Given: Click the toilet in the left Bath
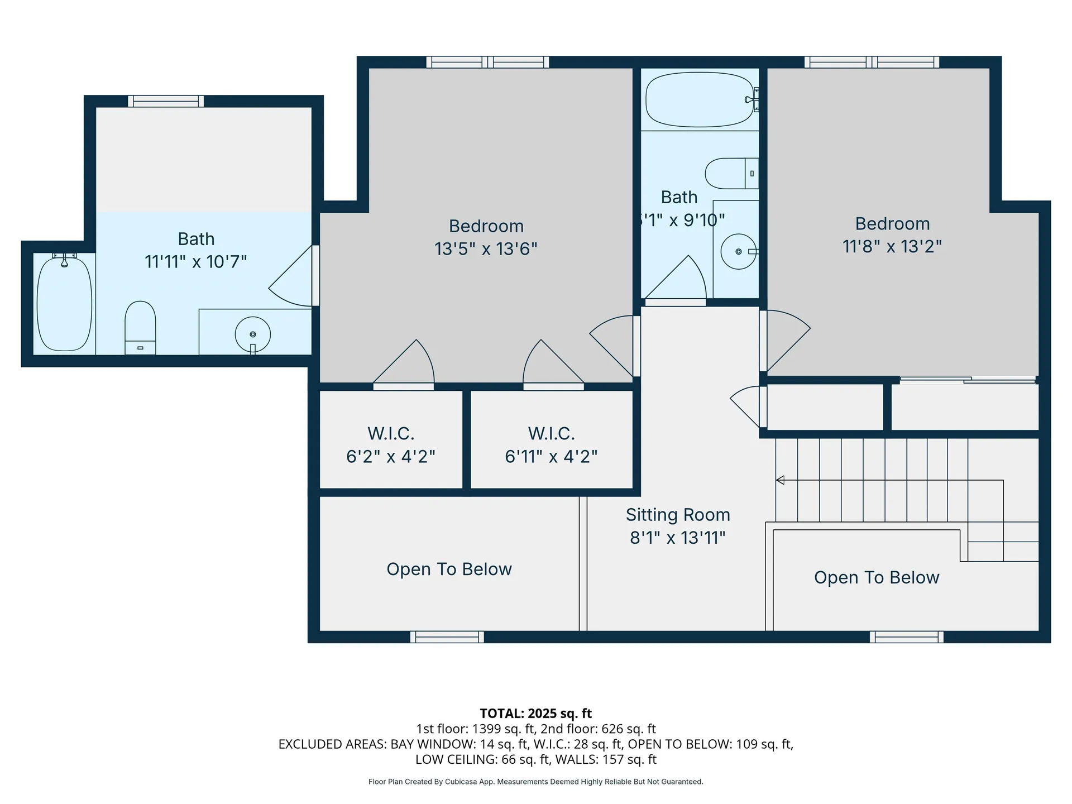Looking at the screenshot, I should (140, 327).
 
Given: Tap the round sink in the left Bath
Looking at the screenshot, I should (253, 334).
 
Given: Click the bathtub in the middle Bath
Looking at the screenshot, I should (699, 99).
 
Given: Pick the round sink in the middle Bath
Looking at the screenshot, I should (738, 252).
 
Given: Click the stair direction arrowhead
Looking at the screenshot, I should (780, 480).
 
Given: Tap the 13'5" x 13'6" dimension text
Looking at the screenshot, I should (486, 248).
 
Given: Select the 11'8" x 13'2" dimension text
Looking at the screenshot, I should (892, 246).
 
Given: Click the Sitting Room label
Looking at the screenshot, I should (678, 515).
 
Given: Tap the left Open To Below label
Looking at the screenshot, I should (449, 569).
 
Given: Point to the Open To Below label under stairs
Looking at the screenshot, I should (877, 577).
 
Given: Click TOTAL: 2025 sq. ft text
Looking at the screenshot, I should (535, 713).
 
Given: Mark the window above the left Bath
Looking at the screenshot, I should (166, 101).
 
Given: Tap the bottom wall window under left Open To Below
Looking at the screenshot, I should (447, 637).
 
